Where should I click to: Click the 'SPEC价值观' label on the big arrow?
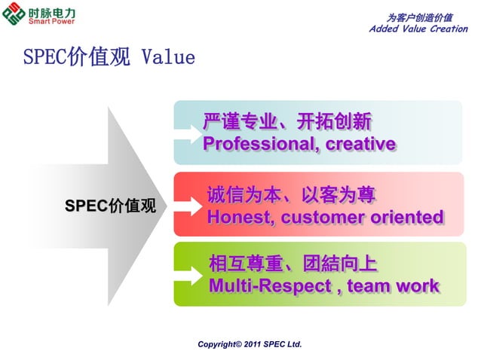[110, 206]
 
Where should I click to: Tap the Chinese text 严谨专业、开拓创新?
[287, 122]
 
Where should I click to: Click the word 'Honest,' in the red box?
[234, 218]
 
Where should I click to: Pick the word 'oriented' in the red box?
[406, 218]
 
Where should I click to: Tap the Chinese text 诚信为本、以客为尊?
[291, 197]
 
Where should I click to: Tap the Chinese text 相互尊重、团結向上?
[293, 265]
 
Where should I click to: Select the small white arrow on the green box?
[185, 276]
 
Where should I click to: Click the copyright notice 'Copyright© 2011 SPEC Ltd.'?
[250, 344]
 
